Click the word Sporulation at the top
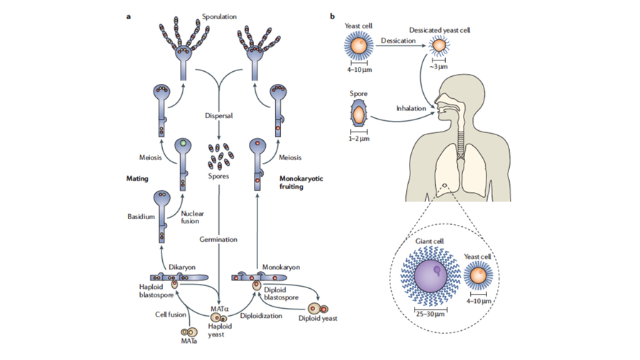click(x=219, y=17)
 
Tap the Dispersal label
click(x=219, y=116)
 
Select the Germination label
click(x=218, y=240)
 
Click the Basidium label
click(x=141, y=217)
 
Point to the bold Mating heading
click(x=137, y=179)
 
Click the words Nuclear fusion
click(x=192, y=217)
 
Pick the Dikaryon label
click(x=182, y=268)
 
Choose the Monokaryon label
click(x=281, y=268)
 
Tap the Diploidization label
click(x=261, y=316)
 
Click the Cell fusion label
click(x=170, y=314)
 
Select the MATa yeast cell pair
click(x=189, y=332)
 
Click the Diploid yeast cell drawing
click(x=318, y=309)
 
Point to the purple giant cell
click(x=430, y=276)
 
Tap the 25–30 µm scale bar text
click(x=430, y=314)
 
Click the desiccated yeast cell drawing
click(x=439, y=46)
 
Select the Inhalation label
click(x=410, y=109)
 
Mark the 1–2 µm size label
click(x=359, y=139)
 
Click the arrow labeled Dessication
click(x=401, y=46)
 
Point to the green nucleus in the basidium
click(x=183, y=143)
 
